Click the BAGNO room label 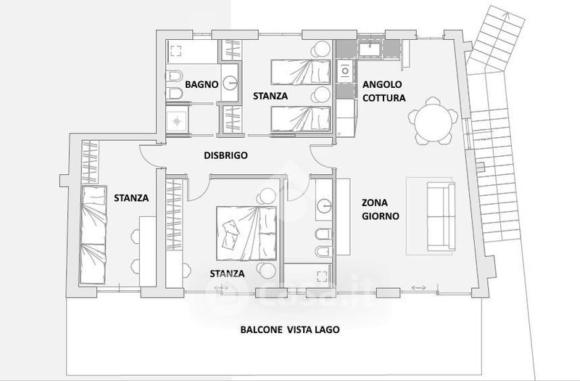tap(202, 84)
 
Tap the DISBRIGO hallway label tap(225, 155)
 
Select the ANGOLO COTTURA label tap(384, 91)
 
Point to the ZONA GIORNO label tap(380, 209)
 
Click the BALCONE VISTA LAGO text tap(290, 329)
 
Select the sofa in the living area tap(441, 216)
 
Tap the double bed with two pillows tap(246, 233)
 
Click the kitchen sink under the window tap(370, 49)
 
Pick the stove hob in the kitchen tap(346, 70)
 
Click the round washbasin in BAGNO tap(231, 82)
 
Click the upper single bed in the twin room tap(300, 72)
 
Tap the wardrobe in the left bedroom tap(89, 162)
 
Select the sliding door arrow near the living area tap(419, 287)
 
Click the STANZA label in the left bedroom tap(131, 198)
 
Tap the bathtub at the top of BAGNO tap(191, 52)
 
